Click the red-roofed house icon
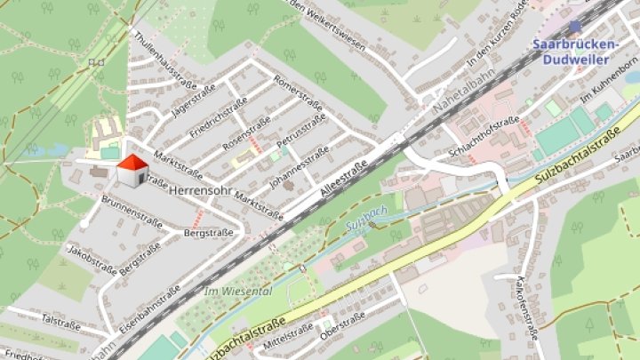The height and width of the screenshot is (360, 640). [x=132, y=170]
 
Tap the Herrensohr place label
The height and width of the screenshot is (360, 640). [x=199, y=191]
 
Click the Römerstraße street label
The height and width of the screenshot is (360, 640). [x=298, y=90]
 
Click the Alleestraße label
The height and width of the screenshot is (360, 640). [x=342, y=183]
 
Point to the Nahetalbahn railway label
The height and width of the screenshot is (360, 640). [x=462, y=90]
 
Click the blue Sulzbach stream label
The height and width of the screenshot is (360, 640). [x=365, y=223]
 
